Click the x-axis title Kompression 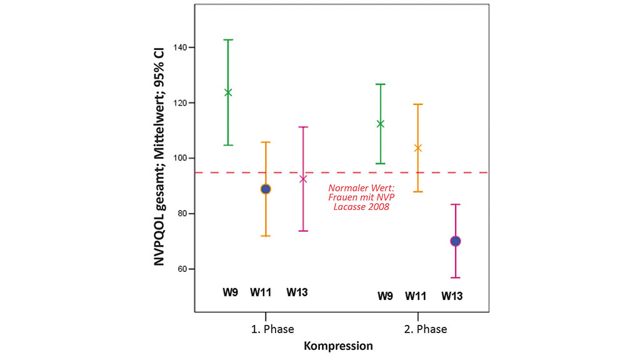pos(338,346)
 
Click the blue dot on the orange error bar pos(266,189)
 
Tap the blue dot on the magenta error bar pos(456,241)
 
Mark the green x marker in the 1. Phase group pos(228,92)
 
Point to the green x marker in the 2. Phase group pos(380,124)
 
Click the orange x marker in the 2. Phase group pos(418,148)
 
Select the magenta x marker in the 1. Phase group pos(304,179)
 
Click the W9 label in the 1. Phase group pos(230,291)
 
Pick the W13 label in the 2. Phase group pos(452,296)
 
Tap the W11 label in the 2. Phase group pos(416,296)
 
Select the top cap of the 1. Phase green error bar pos(228,40)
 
